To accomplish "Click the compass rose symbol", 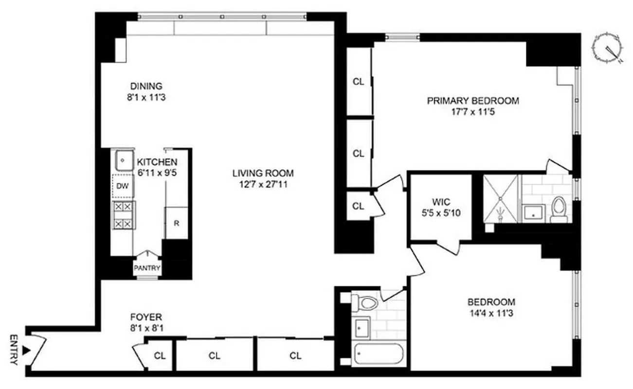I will (x=608, y=51).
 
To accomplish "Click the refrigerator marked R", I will (x=176, y=223).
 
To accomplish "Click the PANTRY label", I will (x=147, y=268).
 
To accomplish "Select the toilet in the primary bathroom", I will (x=559, y=210).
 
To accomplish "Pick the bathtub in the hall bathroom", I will (x=379, y=354).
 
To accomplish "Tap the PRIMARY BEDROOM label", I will (x=472, y=101).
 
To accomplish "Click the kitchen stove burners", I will (x=123, y=215).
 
